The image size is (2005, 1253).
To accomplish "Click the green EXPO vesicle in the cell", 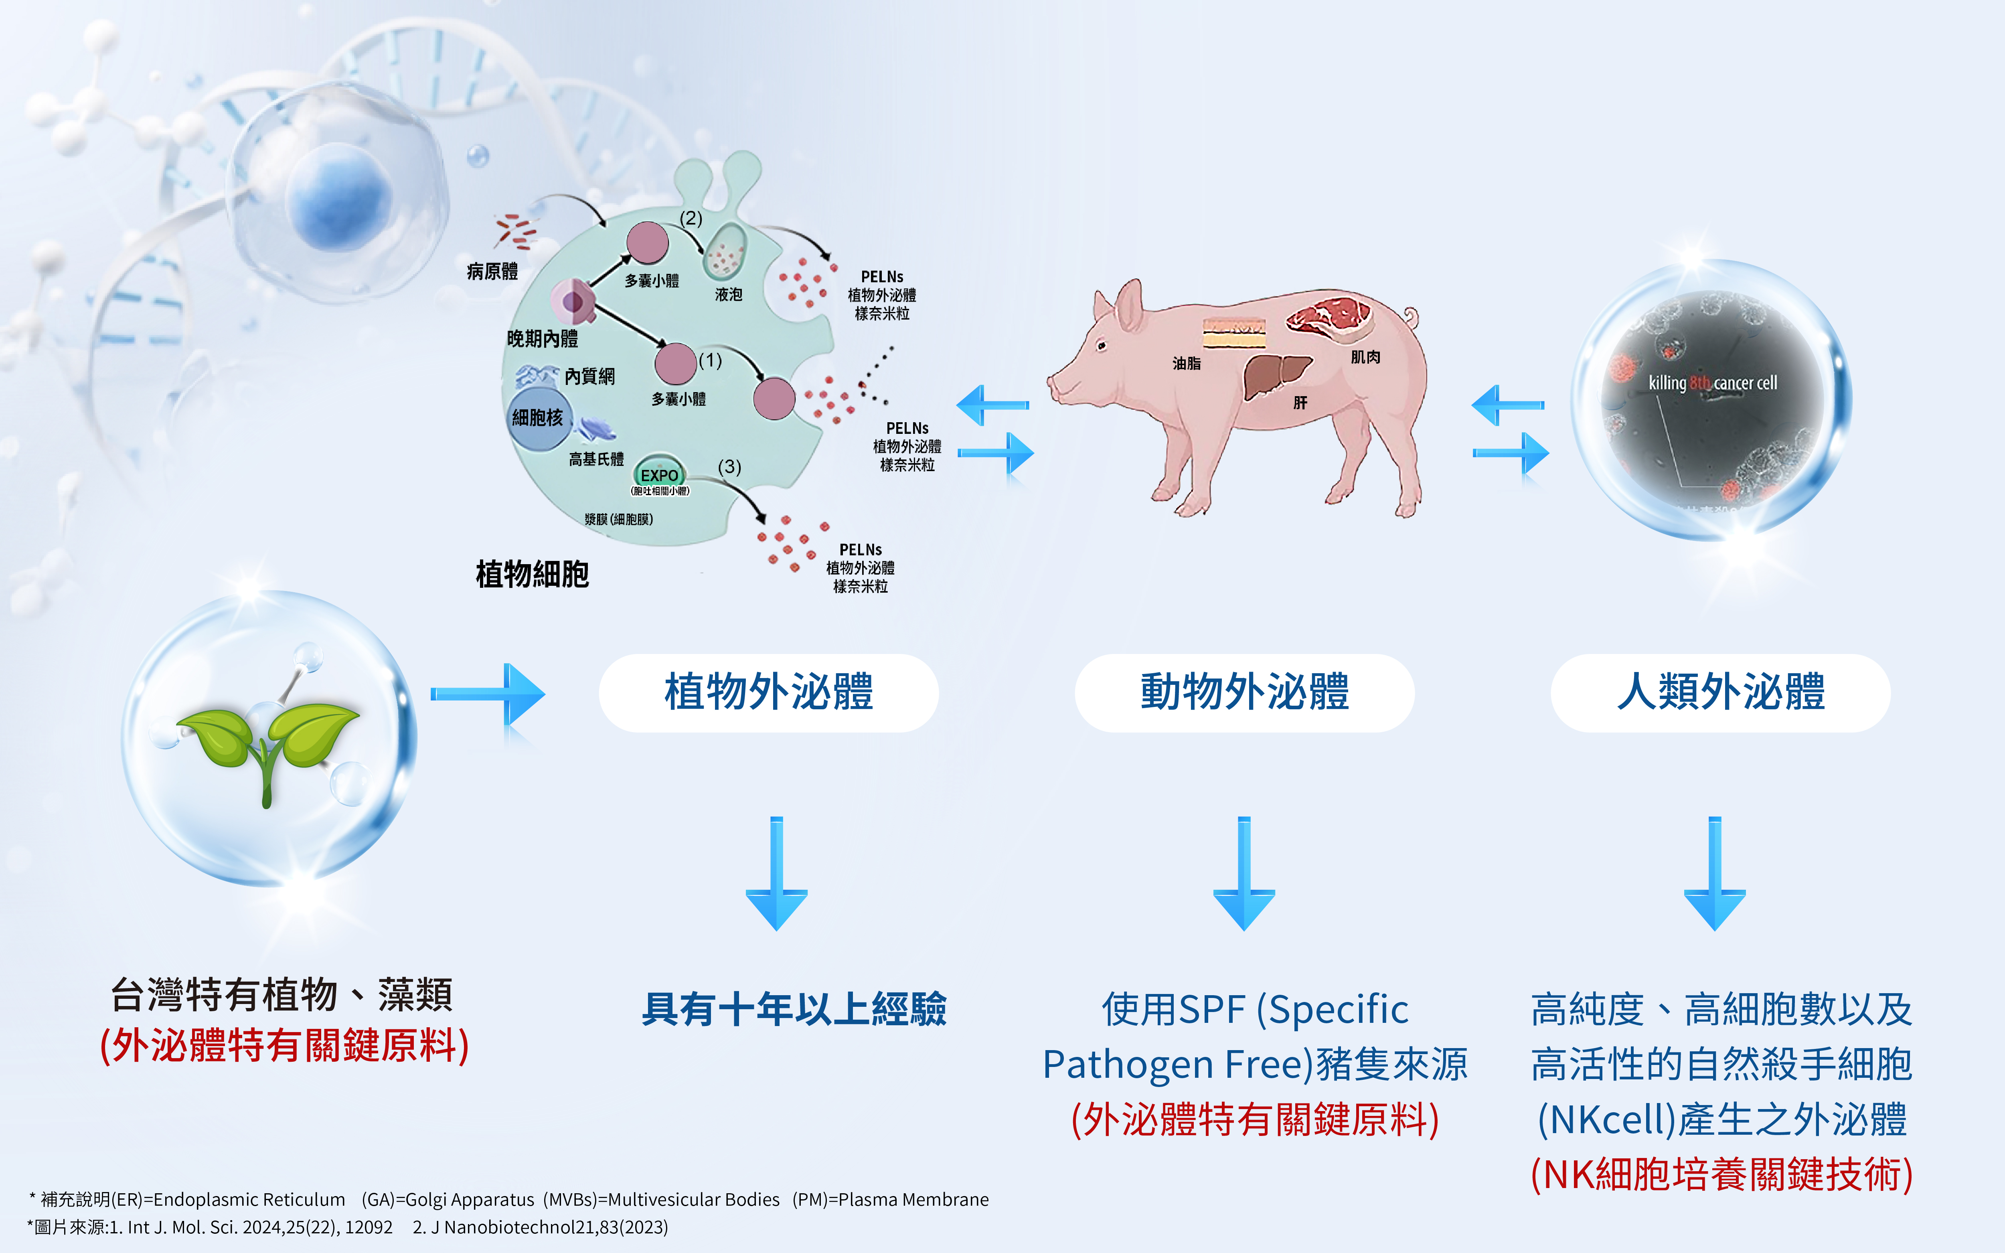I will [660, 475].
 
